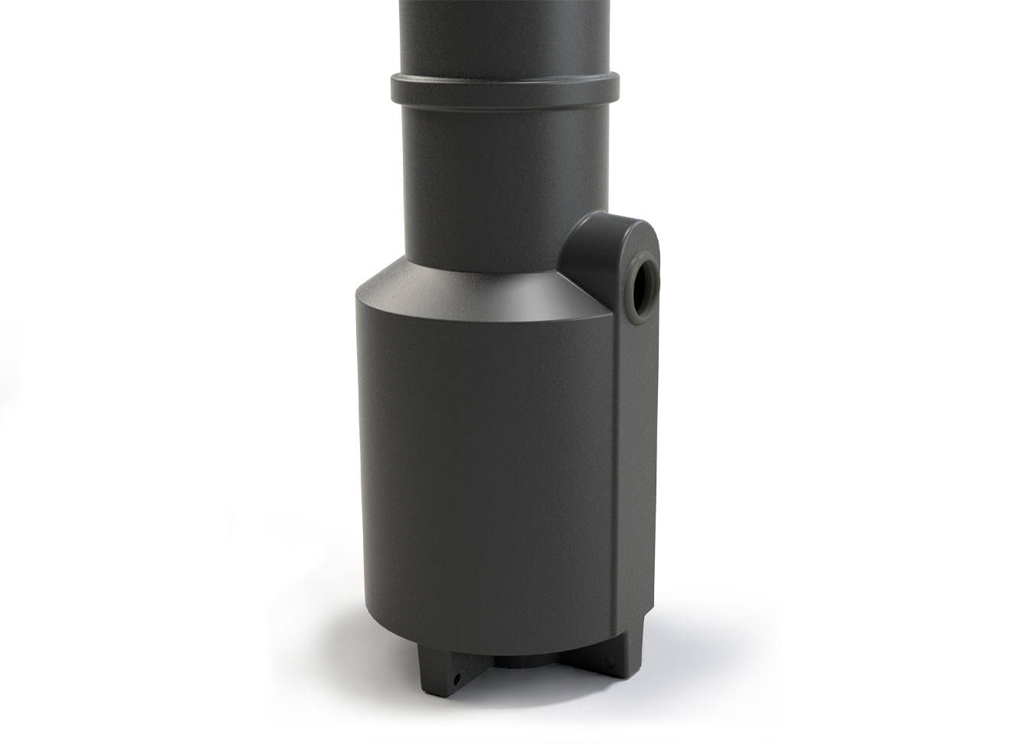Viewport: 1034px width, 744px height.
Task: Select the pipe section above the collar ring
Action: click(506, 34)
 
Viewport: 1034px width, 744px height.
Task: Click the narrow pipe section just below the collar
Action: click(490, 184)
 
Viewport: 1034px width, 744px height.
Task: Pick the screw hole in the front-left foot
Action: click(456, 677)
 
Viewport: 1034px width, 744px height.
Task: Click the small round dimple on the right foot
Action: click(610, 661)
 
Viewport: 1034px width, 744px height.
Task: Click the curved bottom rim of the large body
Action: click(490, 647)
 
